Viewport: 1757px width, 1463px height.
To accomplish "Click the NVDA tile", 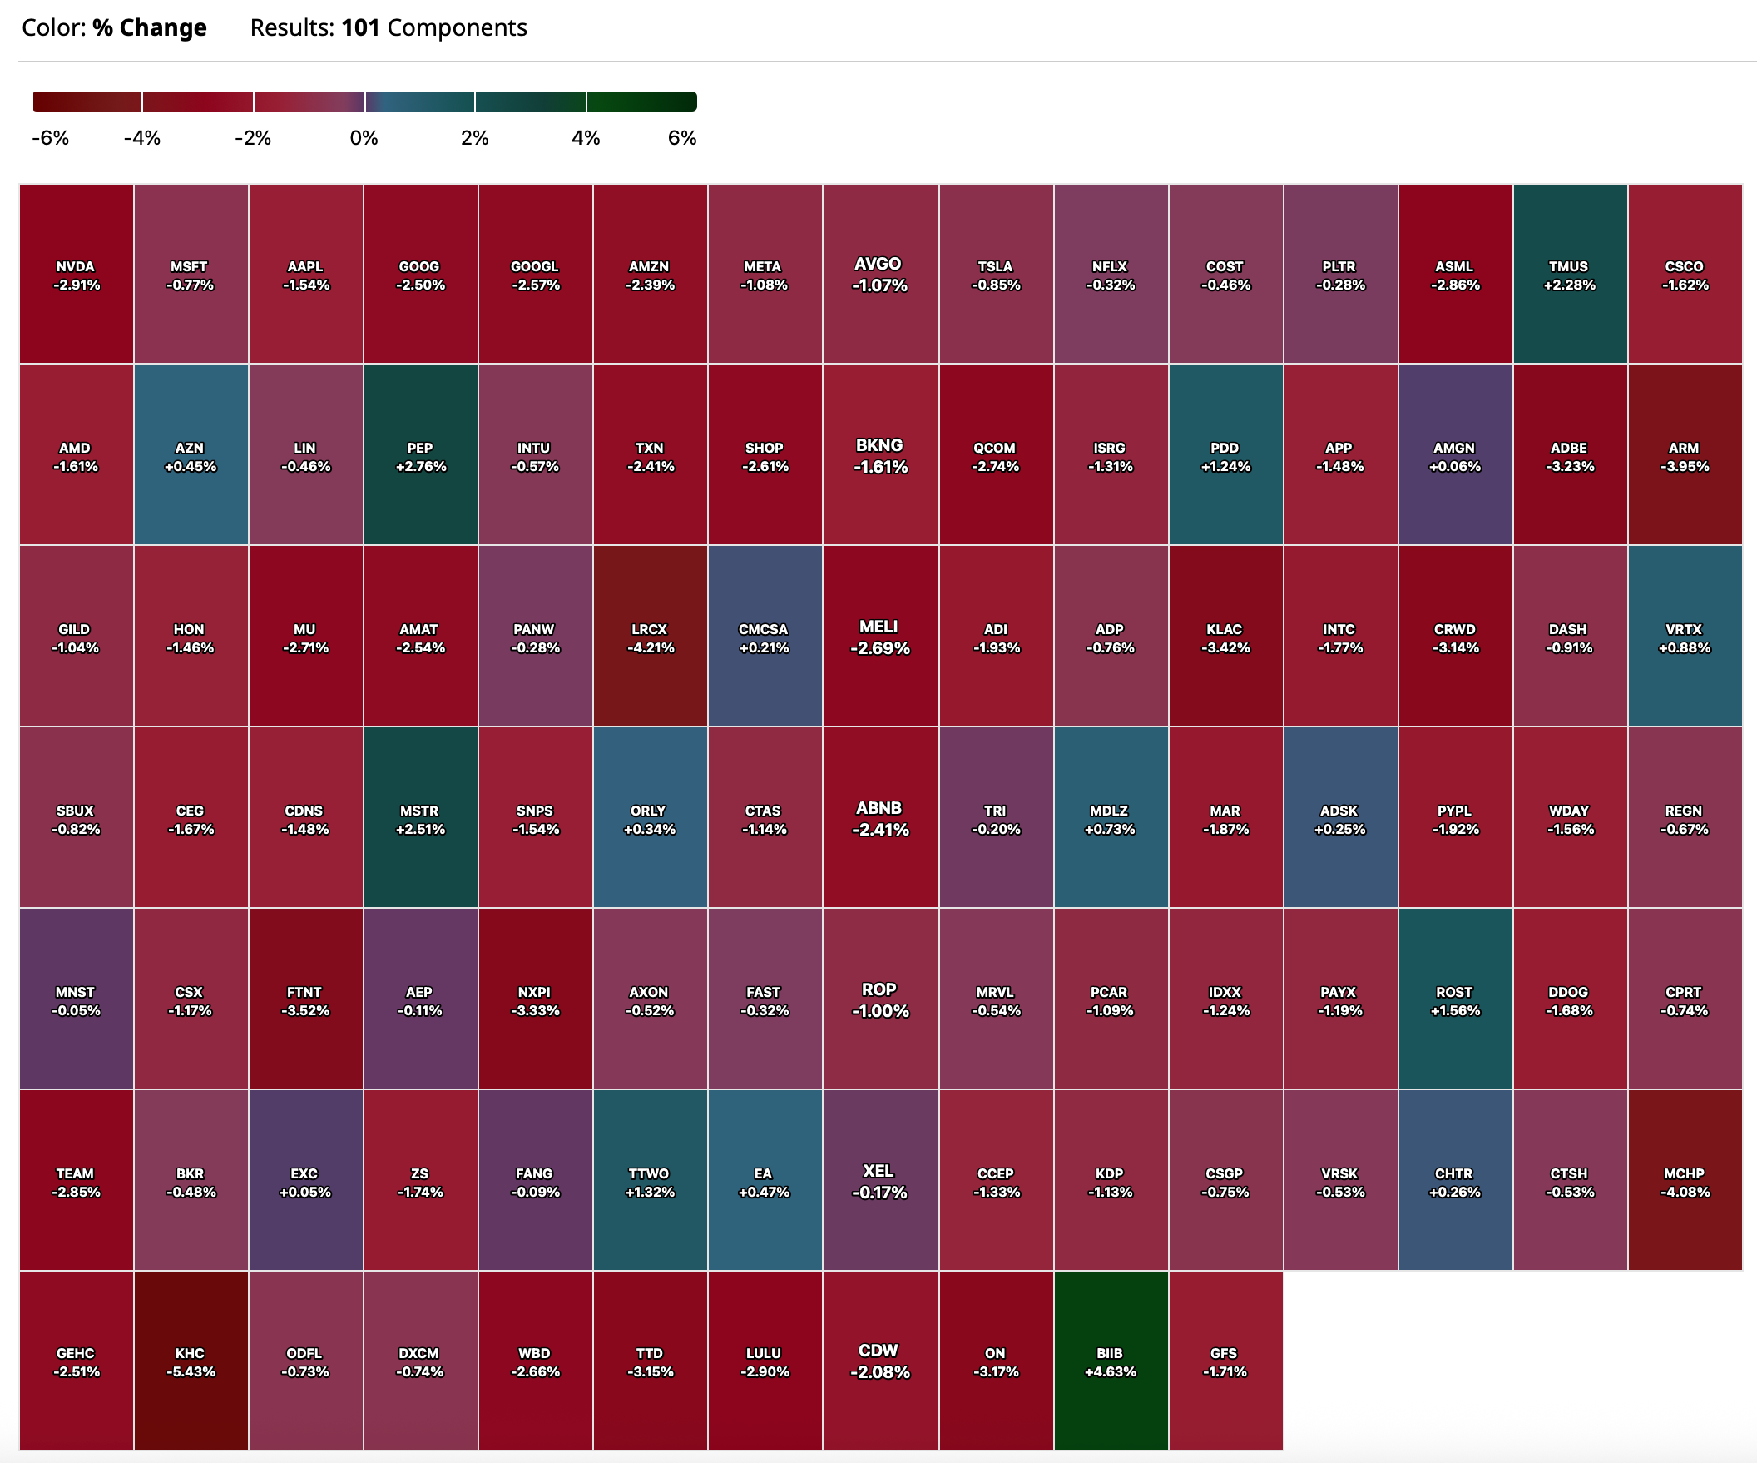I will tap(77, 275).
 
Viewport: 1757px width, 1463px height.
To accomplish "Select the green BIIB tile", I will tap(1111, 1361).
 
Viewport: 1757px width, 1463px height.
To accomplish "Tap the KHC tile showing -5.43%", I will tap(191, 1361).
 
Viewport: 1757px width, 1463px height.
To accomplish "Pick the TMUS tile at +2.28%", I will tap(1570, 275).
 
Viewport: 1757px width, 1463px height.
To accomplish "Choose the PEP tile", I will tap(420, 456).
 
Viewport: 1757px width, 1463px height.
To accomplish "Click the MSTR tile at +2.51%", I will tap(420, 819).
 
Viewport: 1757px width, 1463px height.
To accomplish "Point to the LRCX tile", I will tap(650, 637).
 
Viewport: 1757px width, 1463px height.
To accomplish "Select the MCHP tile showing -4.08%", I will tap(1685, 1181).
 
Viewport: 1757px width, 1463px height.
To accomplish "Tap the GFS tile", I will tap(1225, 1361).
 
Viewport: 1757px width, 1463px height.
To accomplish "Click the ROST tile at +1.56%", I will tap(1455, 1000).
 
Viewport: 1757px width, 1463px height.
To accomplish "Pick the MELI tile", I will tap(879, 637).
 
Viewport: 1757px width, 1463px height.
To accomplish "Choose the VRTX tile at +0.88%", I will tap(1685, 637).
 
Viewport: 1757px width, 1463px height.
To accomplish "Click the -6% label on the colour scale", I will tap(50, 138).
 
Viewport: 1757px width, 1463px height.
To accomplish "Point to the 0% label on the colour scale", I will tap(364, 138).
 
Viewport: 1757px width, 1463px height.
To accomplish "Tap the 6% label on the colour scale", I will tap(682, 138).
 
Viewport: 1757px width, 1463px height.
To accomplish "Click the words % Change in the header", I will tap(149, 27).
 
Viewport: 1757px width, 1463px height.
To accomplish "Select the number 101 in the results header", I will tap(360, 27).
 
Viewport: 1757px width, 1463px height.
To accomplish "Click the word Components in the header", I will tap(457, 27).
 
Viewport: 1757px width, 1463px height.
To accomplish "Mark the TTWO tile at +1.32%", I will tap(650, 1181).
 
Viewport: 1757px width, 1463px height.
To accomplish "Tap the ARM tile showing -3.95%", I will tap(1685, 456).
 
